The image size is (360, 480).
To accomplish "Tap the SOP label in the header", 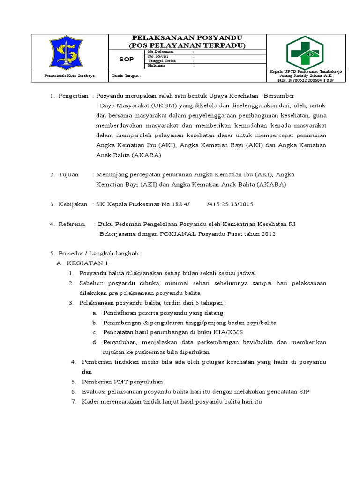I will tap(127, 59).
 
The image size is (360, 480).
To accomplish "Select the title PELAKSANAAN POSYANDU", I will tap(187, 37).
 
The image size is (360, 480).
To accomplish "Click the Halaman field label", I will tap(156, 66).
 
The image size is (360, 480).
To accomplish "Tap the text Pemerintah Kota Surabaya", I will tap(69, 75).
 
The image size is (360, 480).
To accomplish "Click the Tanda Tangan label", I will tap(123, 75).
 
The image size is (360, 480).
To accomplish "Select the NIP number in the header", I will tap(305, 80).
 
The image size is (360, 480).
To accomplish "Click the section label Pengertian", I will tap(73, 96).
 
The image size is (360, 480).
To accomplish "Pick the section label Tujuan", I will tap(68, 174).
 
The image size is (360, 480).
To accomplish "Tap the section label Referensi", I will tap(72, 224).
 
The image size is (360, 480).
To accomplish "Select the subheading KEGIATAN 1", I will tap(89, 263).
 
